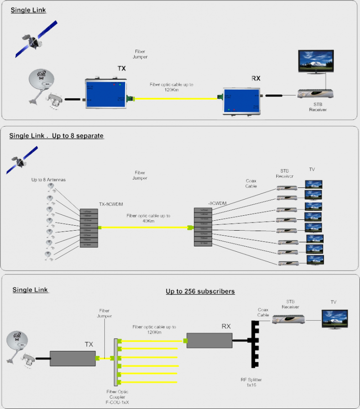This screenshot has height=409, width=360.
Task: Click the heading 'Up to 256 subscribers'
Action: [200, 291]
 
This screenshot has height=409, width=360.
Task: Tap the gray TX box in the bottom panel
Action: [72, 359]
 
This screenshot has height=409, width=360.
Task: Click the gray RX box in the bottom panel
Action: [209, 341]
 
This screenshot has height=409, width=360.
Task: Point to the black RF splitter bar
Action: [253, 344]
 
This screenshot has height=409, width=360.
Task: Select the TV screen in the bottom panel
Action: [333, 318]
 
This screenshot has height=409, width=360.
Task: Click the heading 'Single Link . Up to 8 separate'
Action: [57, 136]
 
